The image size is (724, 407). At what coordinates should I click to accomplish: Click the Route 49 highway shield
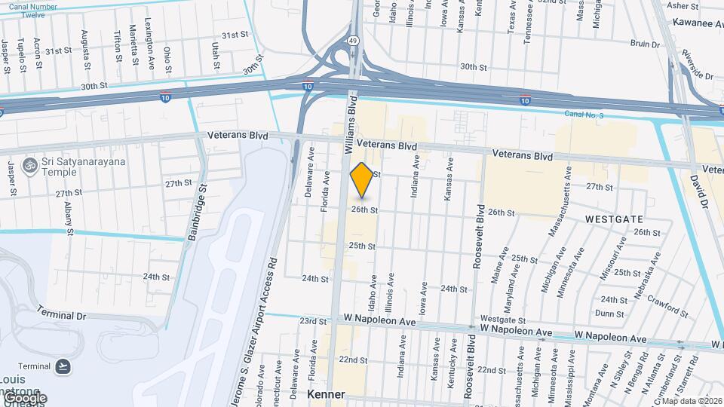pyautogui.click(x=353, y=41)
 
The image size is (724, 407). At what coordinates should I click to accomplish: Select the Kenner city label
pyautogui.click(x=327, y=394)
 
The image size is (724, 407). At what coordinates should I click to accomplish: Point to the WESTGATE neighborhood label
pyautogui.click(x=615, y=219)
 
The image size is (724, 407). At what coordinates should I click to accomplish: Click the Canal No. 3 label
pyautogui.click(x=585, y=114)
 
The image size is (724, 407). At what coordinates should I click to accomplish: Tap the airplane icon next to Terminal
pyautogui.click(x=63, y=367)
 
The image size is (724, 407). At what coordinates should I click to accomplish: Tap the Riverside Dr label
pyautogui.click(x=696, y=66)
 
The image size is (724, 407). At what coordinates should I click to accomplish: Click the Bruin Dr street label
pyautogui.click(x=645, y=44)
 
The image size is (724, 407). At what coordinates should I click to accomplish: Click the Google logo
pyautogui.click(x=25, y=397)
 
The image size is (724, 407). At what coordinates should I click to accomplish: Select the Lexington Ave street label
pyautogui.click(x=149, y=44)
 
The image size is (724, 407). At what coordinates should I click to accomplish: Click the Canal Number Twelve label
pyautogui.click(x=33, y=10)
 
